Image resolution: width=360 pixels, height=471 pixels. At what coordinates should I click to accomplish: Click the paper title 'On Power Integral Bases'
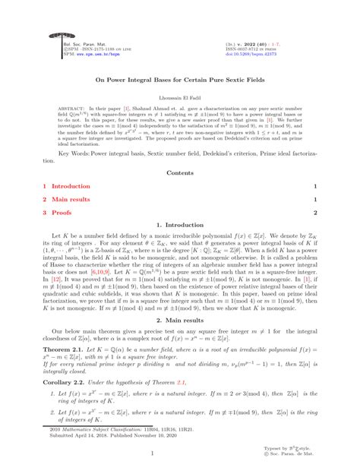pyautogui.click(x=180, y=77)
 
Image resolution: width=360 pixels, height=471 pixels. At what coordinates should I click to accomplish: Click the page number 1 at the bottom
pyautogui.click(x=180, y=454)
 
